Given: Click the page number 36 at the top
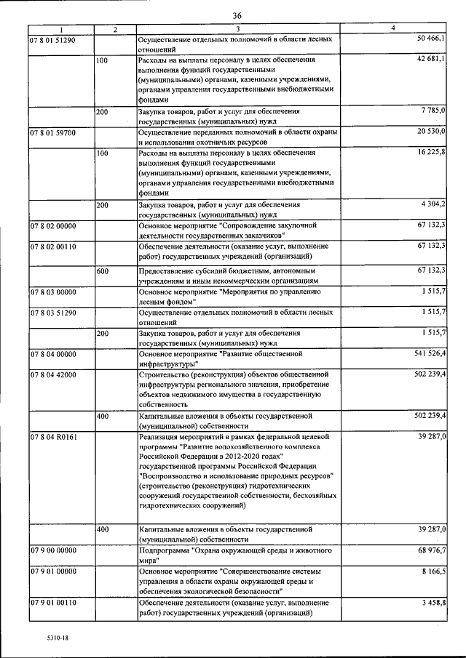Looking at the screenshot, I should tap(237, 15).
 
